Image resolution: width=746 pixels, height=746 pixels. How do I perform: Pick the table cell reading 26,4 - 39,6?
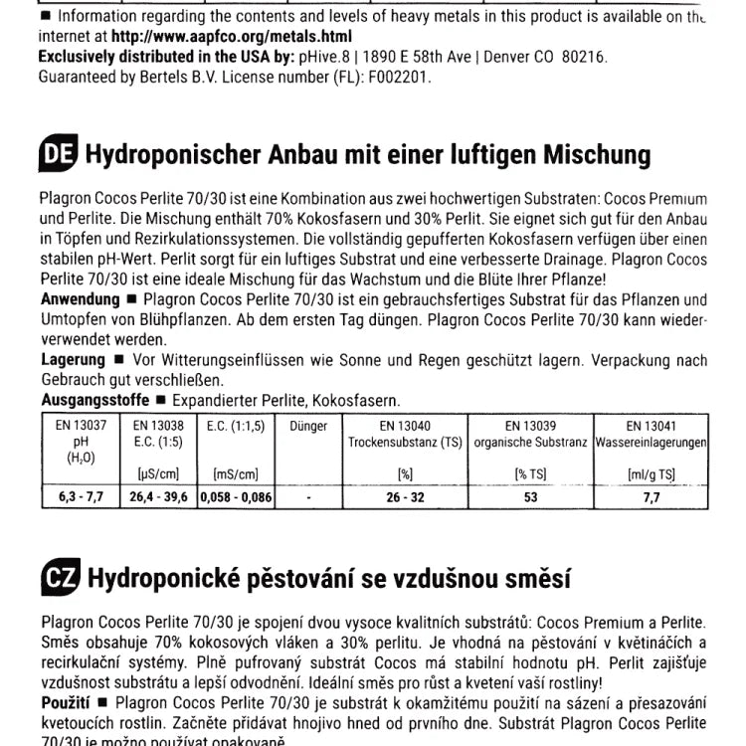pos(158,495)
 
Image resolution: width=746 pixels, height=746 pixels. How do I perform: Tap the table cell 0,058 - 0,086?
pos(236,495)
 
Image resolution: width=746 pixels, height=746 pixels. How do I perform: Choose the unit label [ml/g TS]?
pos(652,474)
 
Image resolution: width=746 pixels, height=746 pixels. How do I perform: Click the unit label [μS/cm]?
pos(158,474)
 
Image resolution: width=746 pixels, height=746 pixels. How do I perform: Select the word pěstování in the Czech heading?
pos(296,577)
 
